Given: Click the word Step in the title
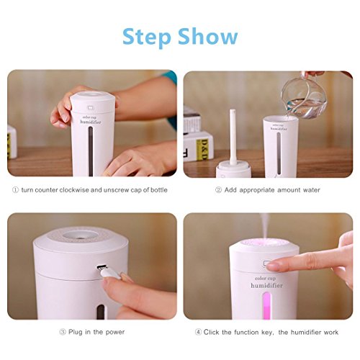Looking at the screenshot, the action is pyautogui.click(x=147, y=37).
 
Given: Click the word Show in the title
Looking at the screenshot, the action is pyautogui.click(x=208, y=36).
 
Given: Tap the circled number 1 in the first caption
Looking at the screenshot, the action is pyautogui.click(x=15, y=190).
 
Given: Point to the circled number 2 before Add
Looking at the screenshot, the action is pyautogui.click(x=218, y=190).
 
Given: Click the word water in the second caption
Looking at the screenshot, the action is pyautogui.click(x=311, y=190).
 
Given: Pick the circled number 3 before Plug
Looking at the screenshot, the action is pyautogui.click(x=63, y=332).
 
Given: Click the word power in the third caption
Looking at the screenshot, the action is pyautogui.click(x=115, y=333).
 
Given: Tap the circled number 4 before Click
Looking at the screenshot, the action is pyautogui.click(x=198, y=332).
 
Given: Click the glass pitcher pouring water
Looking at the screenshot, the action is pyautogui.click(x=303, y=97).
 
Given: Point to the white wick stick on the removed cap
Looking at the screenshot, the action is pyautogui.click(x=233, y=137).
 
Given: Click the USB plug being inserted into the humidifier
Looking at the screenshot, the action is pyautogui.click(x=109, y=272).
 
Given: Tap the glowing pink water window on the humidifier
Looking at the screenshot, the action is pyautogui.click(x=266, y=305).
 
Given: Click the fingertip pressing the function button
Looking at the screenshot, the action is pyautogui.click(x=273, y=266).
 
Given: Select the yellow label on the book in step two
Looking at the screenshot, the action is pyautogui.click(x=202, y=149).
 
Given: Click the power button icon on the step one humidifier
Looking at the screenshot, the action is pyautogui.click(x=91, y=107).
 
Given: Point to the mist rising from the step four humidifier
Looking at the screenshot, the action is pyautogui.click(x=265, y=225).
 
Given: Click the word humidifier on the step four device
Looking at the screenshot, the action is pyautogui.click(x=266, y=286).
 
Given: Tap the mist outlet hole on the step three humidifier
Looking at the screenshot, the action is pyautogui.click(x=81, y=235).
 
